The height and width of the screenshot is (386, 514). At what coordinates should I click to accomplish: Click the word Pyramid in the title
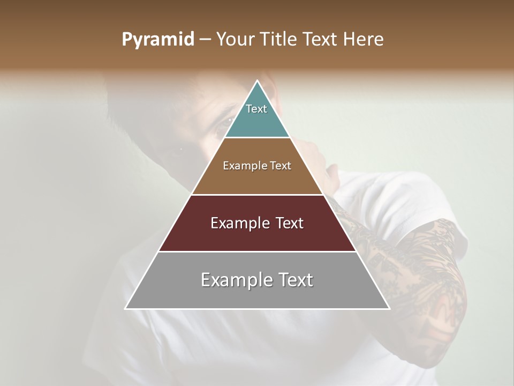(158, 40)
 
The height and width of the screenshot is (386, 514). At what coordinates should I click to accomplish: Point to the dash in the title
(205, 40)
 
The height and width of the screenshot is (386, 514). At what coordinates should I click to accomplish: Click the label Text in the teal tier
(256, 109)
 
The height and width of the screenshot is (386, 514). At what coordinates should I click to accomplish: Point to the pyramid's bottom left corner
(125, 309)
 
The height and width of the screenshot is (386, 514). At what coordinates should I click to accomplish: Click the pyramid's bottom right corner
(389, 309)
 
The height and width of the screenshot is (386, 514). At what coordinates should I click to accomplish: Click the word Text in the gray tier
(294, 280)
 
